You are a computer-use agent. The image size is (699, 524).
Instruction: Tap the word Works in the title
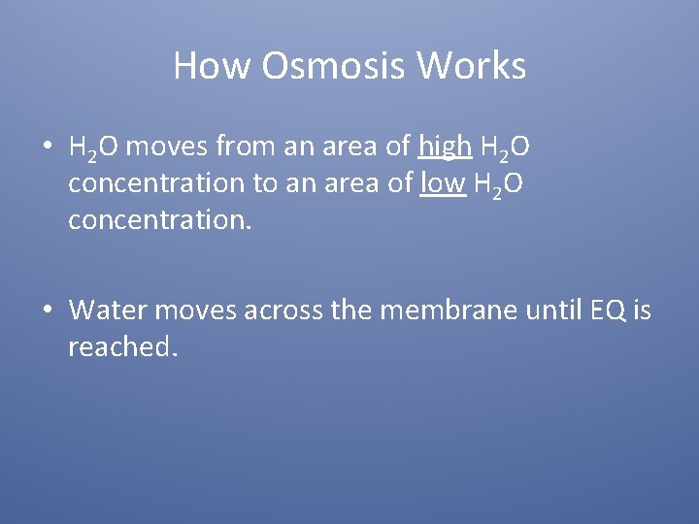point(472,66)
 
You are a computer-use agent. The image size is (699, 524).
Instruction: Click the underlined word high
point(444,147)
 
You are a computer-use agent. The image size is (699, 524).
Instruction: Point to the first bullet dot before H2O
point(47,147)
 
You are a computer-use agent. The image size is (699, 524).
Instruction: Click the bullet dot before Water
point(47,311)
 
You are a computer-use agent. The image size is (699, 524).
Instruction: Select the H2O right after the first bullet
point(94,148)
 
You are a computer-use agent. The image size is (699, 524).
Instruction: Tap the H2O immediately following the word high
point(505,148)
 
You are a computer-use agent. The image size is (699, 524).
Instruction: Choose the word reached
point(120,346)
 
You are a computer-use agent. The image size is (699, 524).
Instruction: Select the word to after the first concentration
point(263,183)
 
